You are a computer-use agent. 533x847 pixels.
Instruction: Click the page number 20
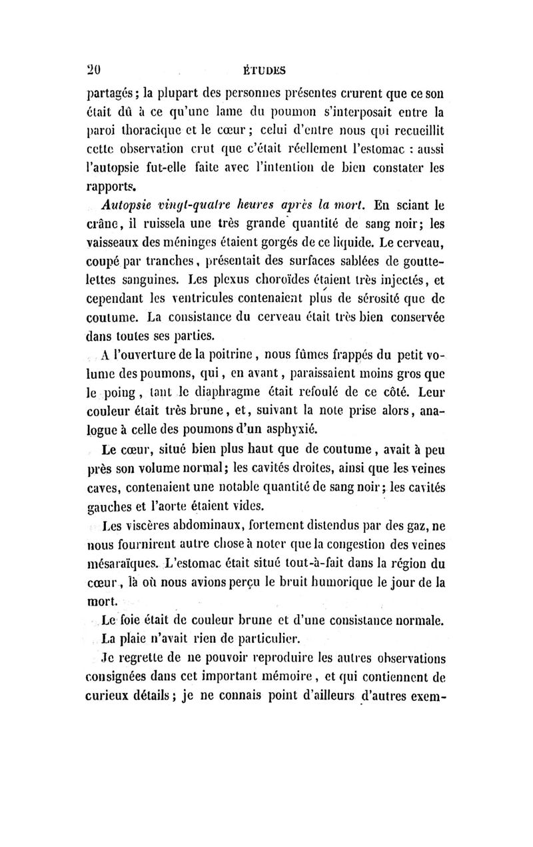point(98,68)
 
